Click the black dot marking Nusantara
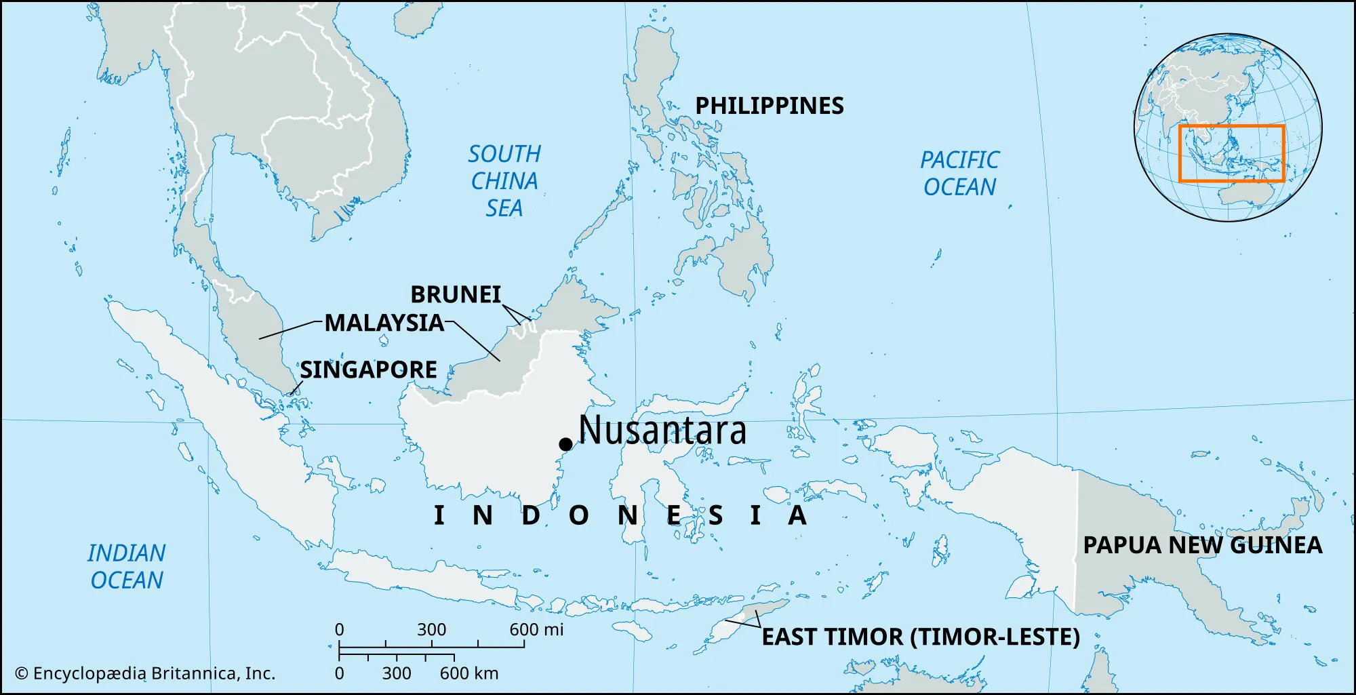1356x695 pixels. [565, 444]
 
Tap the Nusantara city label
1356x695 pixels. [662, 431]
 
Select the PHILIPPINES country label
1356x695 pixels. [770, 106]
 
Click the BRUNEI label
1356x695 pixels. [456, 294]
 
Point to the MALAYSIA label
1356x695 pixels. [384, 323]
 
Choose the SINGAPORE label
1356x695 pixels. [368, 370]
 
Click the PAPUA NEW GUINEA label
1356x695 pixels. [1202, 545]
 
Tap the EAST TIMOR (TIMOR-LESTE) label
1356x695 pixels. [920, 637]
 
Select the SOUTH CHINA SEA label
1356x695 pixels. [504, 181]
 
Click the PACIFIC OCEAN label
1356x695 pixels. [959, 174]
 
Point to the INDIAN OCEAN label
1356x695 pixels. [127, 567]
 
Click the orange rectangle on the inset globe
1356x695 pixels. [1231, 126]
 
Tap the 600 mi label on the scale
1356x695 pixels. [536, 630]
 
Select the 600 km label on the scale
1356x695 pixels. [468, 673]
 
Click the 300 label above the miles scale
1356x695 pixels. [431, 630]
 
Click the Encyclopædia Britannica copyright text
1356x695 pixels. [145, 673]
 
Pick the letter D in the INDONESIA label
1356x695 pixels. [531, 515]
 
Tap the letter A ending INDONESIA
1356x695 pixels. [797, 515]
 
